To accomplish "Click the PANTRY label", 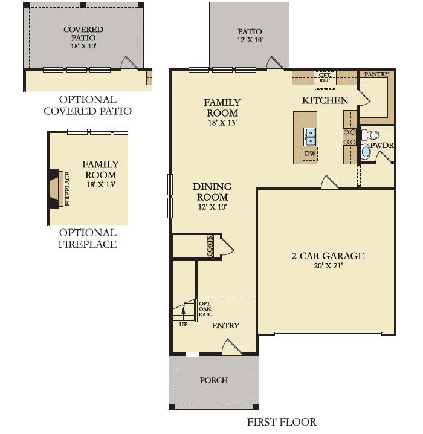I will [x=376, y=74].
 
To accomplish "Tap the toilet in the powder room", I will [x=372, y=135].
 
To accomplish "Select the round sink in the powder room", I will [x=366, y=152].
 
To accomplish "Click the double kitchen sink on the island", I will [x=311, y=137].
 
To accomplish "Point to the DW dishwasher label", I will [x=310, y=154].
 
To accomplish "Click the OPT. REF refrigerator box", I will [x=325, y=77].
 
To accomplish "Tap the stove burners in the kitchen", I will [x=350, y=137].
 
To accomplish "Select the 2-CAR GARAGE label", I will [x=328, y=256].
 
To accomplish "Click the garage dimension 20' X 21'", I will [x=328, y=266].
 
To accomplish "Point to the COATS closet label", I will [x=210, y=247].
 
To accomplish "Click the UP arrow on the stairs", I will [x=183, y=313].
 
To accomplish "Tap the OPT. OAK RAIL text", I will [x=205, y=309].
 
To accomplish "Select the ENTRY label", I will [x=225, y=325].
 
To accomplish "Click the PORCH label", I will [x=214, y=380].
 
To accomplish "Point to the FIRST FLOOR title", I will [x=282, y=422].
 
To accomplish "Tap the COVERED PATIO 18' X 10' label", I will [x=83, y=37].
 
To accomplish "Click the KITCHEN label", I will [x=325, y=100].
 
